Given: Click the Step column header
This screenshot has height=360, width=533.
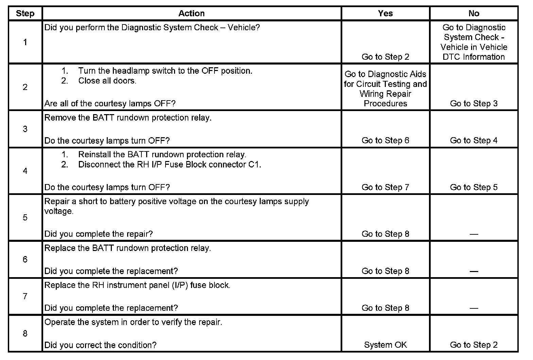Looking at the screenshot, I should click(x=25, y=14).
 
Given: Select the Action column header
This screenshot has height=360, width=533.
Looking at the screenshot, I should click(x=191, y=14).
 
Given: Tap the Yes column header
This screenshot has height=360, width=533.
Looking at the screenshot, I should click(x=385, y=14).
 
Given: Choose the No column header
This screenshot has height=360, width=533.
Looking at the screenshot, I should click(x=474, y=14).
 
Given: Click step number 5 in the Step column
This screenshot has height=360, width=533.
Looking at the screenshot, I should click(x=25, y=217).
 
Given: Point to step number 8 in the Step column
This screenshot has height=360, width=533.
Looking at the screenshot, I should click(x=25, y=334).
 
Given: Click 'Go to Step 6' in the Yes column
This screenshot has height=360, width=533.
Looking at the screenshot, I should click(x=385, y=141).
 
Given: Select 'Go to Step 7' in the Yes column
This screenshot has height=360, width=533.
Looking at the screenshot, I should click(x=385, y=187).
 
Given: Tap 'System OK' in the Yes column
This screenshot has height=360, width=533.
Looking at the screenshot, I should click(x=385, y=345).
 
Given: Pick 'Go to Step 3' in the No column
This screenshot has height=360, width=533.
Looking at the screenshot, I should click(x=474, y=104).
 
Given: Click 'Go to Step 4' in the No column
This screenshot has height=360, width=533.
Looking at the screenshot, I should click(x=474, y=141).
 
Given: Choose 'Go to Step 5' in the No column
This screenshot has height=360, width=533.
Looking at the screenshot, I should click(x=474, y=187).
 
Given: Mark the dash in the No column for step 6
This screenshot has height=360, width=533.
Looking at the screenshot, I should click(x=474, y=271).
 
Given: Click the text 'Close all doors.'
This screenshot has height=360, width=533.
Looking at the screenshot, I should click(x=107, y=81).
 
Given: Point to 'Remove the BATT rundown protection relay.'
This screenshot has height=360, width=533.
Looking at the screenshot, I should click(x=128, y=118).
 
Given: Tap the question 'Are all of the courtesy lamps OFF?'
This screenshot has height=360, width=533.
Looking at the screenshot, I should click(x=110, y=104).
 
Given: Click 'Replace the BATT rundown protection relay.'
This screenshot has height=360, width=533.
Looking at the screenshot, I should click(x=127, y=248).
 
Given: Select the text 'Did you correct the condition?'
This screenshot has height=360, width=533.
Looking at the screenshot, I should click(x=100, y=345).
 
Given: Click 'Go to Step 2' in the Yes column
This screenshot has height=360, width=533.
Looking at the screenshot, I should click(x=385, y=57).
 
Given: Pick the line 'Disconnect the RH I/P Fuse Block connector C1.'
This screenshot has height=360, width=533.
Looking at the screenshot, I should click(x=170, y=165).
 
